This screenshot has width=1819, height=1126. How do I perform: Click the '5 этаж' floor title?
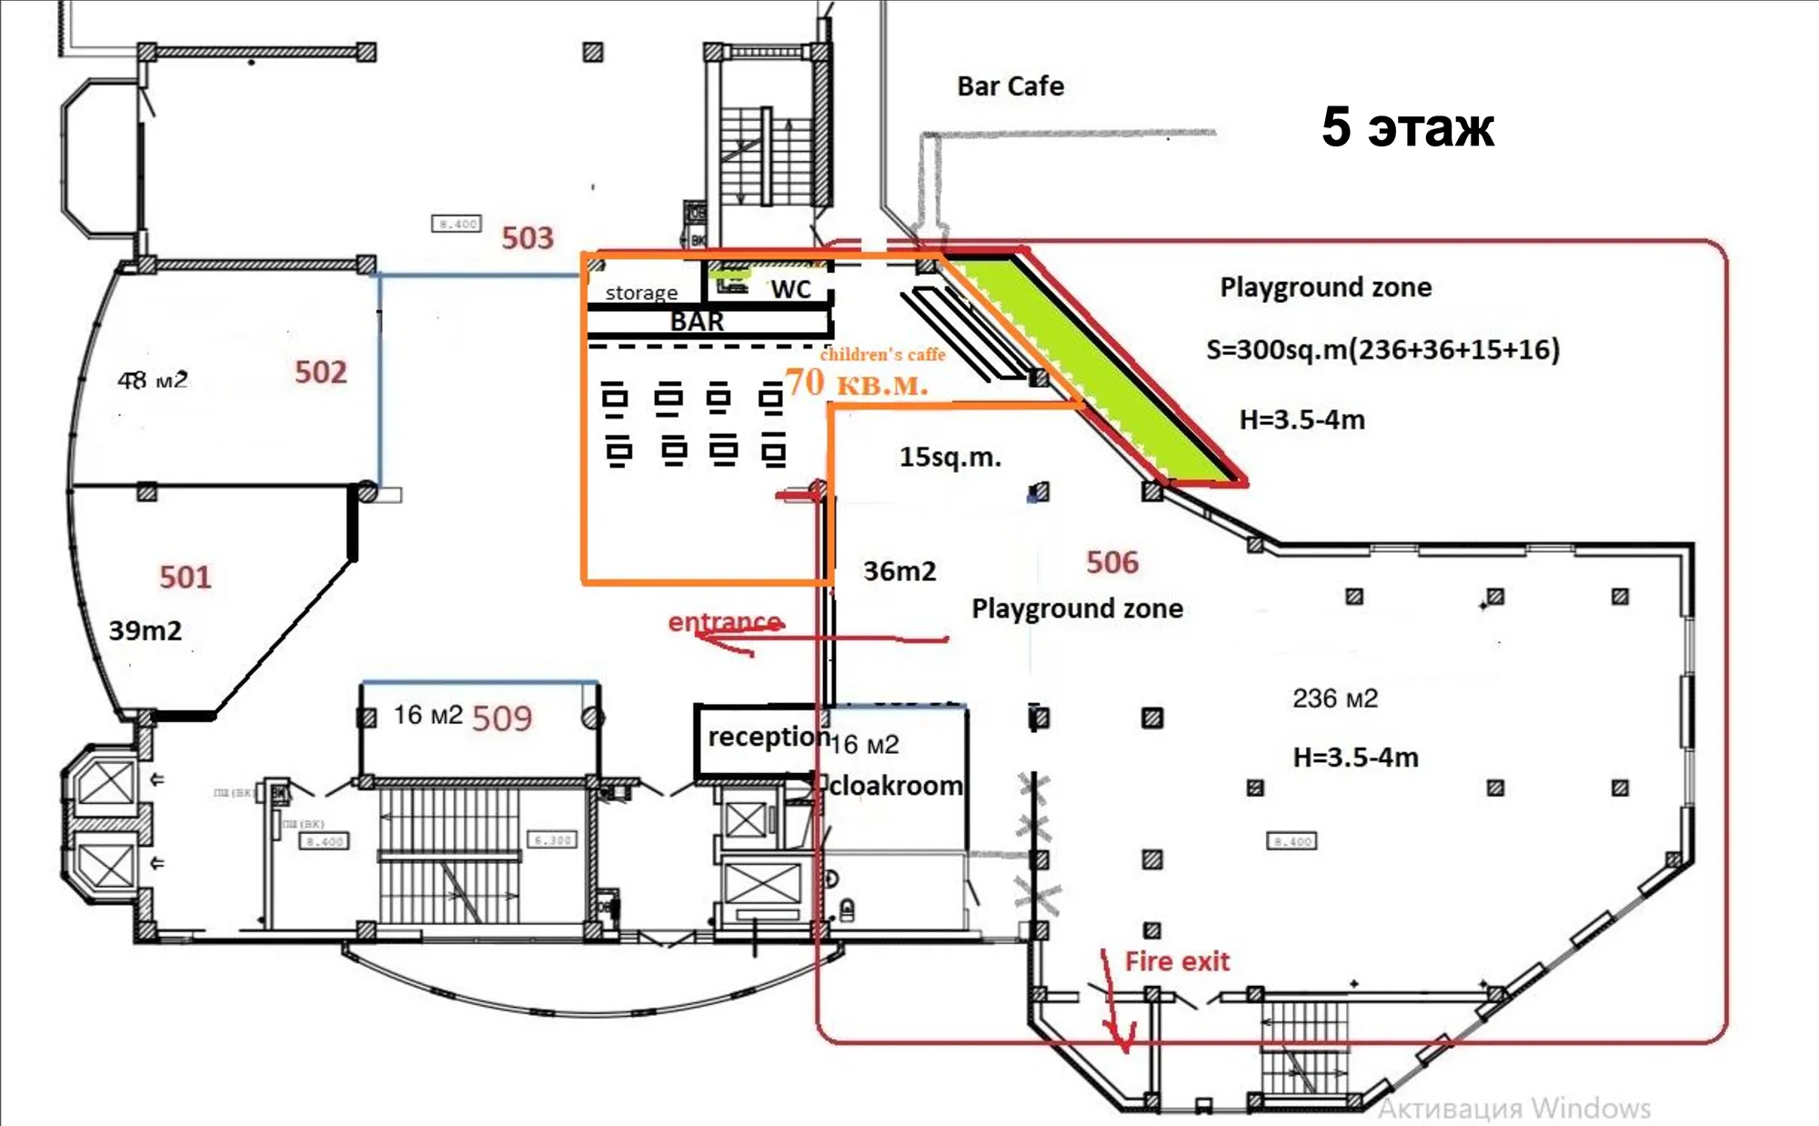tap(1407, 127)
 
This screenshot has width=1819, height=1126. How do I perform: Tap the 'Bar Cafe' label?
tap(1010, 86)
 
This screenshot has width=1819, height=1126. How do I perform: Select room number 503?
tap(528, 238)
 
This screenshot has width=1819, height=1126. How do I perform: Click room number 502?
tap(320, 372)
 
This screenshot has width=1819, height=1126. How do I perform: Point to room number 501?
tap(185, 578)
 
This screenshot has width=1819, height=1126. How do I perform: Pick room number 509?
tap(501, 719)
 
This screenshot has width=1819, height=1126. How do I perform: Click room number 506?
tap(1111, 562)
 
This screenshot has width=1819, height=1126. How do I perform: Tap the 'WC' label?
tap(790, 289)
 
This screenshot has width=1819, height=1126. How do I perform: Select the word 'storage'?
tap(641, 293)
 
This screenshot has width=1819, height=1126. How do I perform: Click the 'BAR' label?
tap(697, 321)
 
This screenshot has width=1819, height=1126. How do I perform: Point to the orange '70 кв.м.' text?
tap(856, 383)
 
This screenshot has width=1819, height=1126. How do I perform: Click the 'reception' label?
tap(769, 737)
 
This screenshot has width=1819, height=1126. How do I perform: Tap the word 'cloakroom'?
tap(896, 785)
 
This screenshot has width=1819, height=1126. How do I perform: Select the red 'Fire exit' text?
tap(1177, 961)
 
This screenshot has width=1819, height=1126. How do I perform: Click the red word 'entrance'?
tap(724, 622)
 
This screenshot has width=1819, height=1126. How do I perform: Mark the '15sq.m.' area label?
tap(950, 457)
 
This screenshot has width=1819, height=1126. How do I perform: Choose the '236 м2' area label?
tap(1334, 699)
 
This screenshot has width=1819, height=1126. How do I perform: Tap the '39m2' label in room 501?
tap(145, 630)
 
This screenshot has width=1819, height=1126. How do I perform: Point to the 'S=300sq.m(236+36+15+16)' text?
tap(1382, 350)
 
